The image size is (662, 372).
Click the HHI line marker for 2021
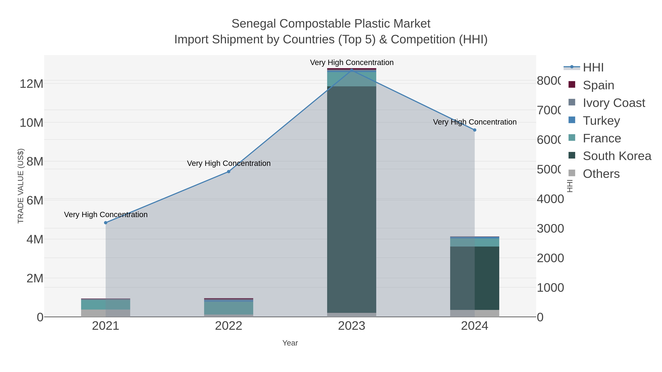pos(106,223)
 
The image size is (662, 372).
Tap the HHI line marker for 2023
pos(352,70)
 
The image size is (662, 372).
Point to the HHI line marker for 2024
pos(475,130)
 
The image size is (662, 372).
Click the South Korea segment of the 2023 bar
pos(352,200)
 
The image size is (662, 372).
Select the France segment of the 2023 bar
pos(352,79)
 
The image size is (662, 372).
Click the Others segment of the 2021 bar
pos(106,313)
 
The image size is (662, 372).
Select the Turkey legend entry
pos(601,121)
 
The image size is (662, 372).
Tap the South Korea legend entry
pos(617,156)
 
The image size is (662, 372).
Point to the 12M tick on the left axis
pos(31,84)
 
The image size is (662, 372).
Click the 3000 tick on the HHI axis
pos(550,229)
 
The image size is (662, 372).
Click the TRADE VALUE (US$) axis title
pos(21,186)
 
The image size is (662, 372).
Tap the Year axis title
pos(290,343)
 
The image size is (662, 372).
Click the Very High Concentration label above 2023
pos(352,62)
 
